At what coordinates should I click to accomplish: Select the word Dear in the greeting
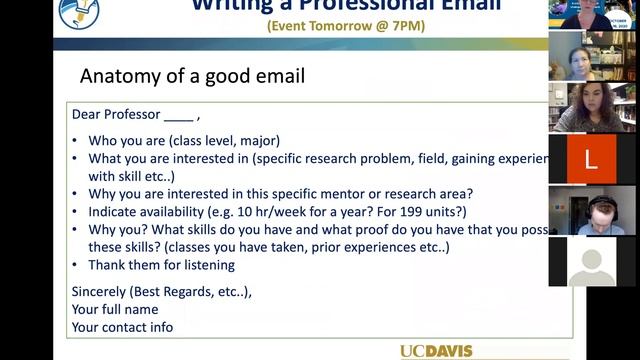click(x=88, y=114)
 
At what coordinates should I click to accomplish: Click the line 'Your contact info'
click(x=122, y=327)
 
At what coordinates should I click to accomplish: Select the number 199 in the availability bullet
click(x=402, y=212)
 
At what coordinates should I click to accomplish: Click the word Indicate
click(x=115, y=212)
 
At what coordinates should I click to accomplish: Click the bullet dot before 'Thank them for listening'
click(x=77, y=266)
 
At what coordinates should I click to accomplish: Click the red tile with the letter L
click(x=590, y=159)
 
